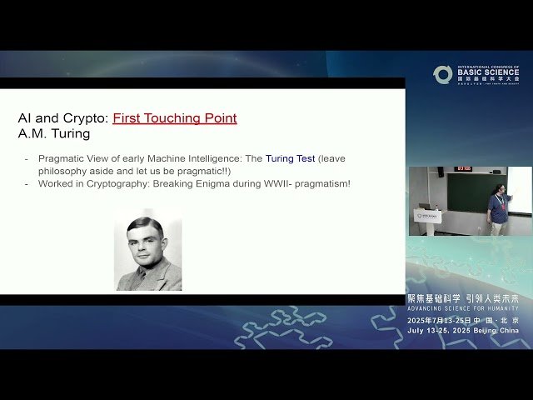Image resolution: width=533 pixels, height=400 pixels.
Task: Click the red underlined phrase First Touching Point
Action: (x=175, y=118)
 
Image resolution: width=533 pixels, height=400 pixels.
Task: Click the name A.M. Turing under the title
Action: (x=54, y=134)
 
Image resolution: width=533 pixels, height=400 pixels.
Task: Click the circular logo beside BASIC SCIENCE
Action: (x=443, y=74)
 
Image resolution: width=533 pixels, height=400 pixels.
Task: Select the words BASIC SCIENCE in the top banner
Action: (x=488, y=72)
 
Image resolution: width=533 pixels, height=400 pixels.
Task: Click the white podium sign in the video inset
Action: (x=428, y=216)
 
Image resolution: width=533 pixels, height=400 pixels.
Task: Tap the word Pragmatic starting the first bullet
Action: (x=62, y=158)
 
